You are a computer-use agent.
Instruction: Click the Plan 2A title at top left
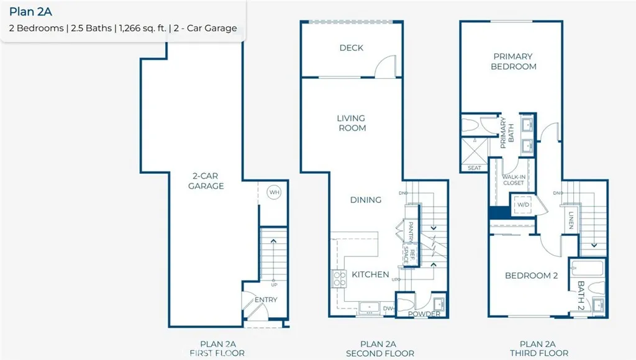29,11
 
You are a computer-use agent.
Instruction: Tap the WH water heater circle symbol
274,192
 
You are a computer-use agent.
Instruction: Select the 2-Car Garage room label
206,181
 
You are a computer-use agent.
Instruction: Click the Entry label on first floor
266,300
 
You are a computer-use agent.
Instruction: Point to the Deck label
352,48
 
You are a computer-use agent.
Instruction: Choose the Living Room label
352,123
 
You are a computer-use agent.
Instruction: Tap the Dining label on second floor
365,200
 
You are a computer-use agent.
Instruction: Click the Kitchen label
370,274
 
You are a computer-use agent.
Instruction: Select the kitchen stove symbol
340,279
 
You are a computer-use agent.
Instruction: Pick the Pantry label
411,232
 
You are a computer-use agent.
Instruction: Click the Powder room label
424,314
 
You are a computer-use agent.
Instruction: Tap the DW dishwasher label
388,308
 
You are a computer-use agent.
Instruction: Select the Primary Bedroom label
513,61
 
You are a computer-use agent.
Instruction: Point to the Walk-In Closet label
513,180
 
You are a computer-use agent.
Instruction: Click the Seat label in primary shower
474,168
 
